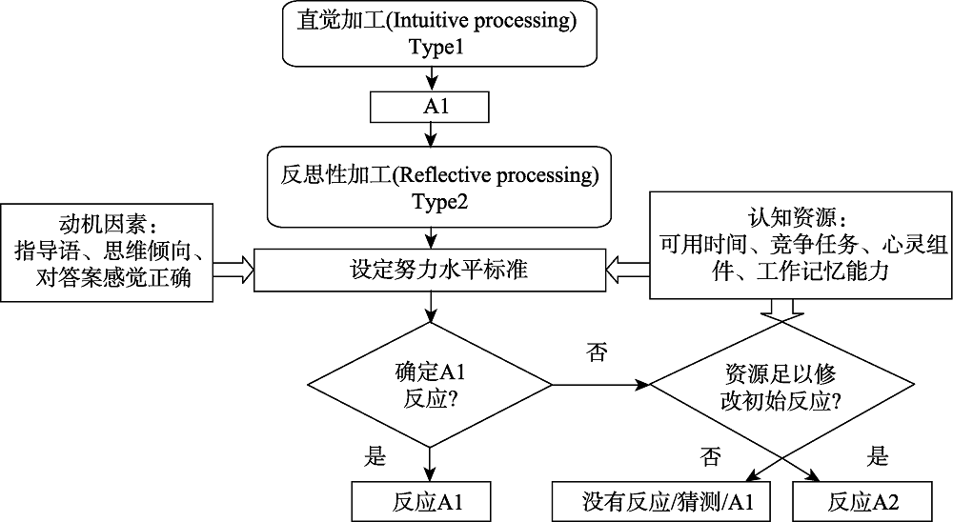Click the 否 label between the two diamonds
point(598,353)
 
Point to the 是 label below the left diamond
point(375,456)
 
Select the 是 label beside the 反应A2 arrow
point(878,456)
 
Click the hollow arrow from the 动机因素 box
point(233,271)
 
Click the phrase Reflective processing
point(497,175)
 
